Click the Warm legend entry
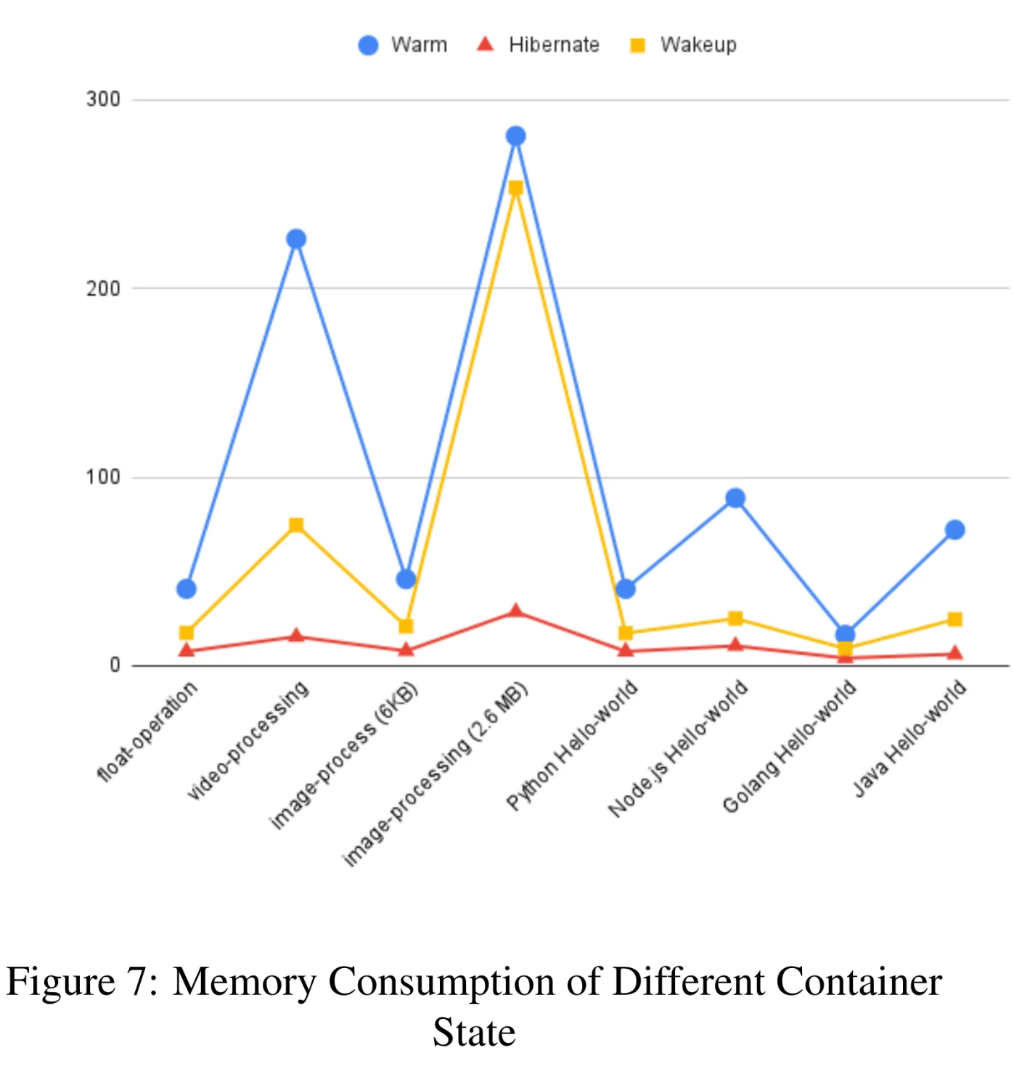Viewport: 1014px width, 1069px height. tap(403, 44)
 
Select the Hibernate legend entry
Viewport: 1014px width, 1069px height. tap(537, 44)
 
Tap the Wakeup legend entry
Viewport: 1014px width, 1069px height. tap(683, 44)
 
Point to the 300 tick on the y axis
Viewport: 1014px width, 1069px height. tap(103, 99)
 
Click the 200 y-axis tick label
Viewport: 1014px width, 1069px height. tap(103, 288)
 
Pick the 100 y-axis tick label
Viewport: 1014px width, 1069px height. tap(103, 477)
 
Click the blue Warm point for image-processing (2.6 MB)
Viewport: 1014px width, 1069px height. tap(515, 136)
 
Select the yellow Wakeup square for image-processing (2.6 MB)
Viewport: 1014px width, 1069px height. tap(515, 188)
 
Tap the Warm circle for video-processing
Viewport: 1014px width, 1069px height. tap(296, 239)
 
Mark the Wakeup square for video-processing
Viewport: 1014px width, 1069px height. tap(296, 525)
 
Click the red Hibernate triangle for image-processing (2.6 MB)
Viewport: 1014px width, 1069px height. tap(515, 610)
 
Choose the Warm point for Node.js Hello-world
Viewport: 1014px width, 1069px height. tap(735, 498)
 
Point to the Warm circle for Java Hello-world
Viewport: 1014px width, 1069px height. tap(954, 530)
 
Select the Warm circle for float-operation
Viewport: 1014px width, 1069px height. tap(186, 589)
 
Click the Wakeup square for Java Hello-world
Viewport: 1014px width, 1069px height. tap(954, 619)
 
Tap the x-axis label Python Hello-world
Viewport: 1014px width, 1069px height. tap(572, 745)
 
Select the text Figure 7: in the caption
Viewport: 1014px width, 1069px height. tap(82, 981)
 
